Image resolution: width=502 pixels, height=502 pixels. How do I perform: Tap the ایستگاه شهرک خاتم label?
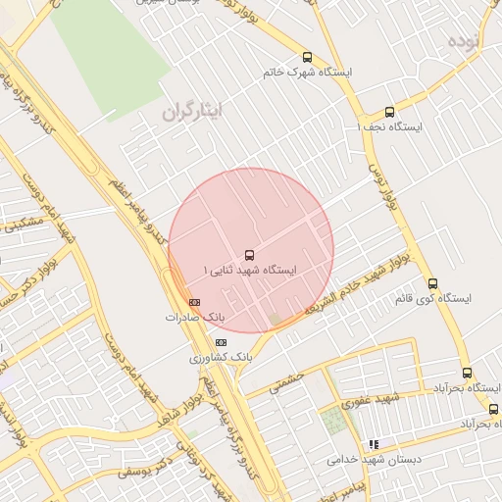pyautogui.click(x=308, y=74)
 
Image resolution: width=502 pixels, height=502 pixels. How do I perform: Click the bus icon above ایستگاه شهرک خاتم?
pyautogui.click(x=308, y=57)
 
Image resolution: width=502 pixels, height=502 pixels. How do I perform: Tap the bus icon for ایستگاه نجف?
pyautogui.click(x=389, y=111)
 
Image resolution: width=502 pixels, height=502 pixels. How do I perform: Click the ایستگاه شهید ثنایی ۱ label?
pyautogui.click(x=249, y=269)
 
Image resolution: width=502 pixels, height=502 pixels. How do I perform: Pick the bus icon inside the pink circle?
pyautogui.click(x=249, y=253)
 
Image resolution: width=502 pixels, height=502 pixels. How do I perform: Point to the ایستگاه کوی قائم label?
pyautogui.click(x=432, y=298)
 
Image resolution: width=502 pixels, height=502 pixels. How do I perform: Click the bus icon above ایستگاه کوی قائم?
pyautogui.click(x=432, y=283)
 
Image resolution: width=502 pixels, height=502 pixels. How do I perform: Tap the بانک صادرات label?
pyautogui.click(x=194, y=318)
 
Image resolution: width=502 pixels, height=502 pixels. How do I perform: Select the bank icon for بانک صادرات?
pyautogui.click(x=194, y=302)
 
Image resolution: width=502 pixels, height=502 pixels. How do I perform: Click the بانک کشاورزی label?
pyautogui.click(x=221, y=358)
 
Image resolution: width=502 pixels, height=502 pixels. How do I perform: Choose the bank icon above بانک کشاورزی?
pyautogui.click(x=221, y=342)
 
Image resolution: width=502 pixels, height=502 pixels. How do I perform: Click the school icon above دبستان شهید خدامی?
pyautogui.click(x=373, y=444)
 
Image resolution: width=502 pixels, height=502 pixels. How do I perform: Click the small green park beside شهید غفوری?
pyautogui.click(x=335, y=421)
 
